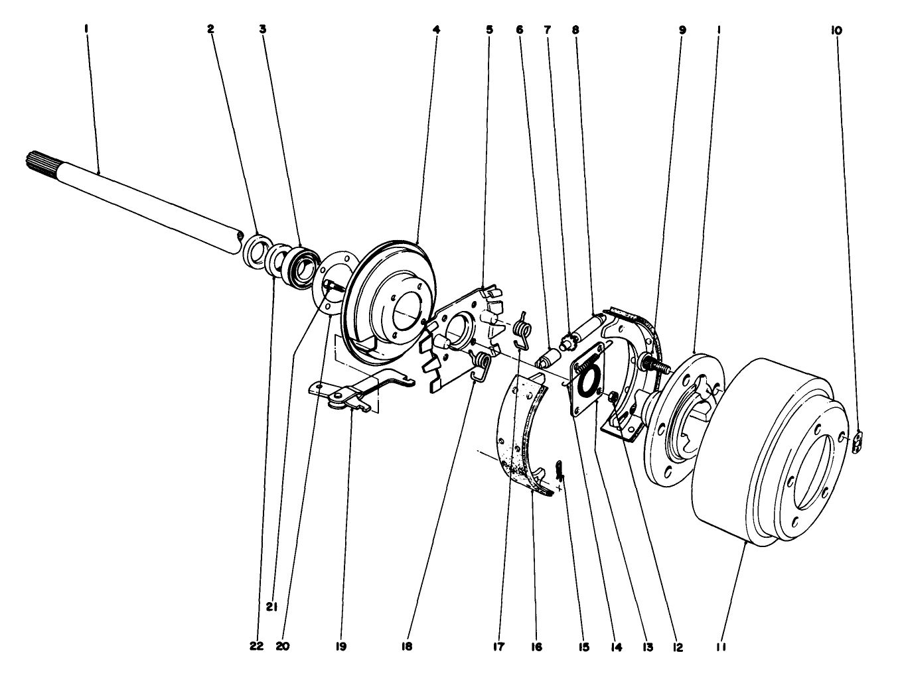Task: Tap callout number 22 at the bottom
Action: click(257, 645)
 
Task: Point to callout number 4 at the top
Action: click(436, 30)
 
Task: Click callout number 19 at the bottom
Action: click(342, 645)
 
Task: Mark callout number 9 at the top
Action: click(682, 30)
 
